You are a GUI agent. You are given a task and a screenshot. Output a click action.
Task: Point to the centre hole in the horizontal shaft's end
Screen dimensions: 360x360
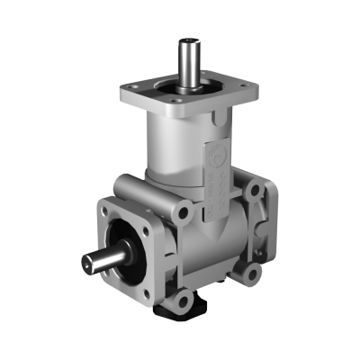point(88,264)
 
